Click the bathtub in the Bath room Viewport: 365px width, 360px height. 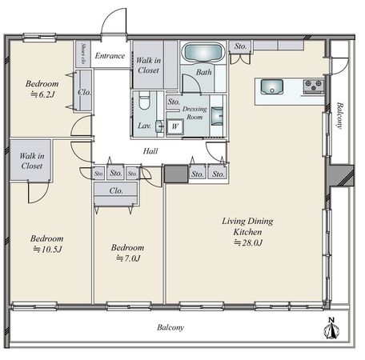coord(203,53)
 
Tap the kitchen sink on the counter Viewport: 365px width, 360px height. coord(272,86)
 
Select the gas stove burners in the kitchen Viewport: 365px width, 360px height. coord(314,86)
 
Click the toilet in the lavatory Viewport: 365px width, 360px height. coord(144,100)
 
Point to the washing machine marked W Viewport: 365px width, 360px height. coord(174,126)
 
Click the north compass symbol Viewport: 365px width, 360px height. coord(331,329)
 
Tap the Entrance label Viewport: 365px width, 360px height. coord(110,56)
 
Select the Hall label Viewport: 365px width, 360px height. coord(150,151)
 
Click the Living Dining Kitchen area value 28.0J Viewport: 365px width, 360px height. coord(248,242)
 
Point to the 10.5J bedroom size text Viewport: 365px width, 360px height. coord(47,250)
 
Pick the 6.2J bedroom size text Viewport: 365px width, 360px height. coord(43,94)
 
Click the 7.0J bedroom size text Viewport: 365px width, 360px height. coord(128,258)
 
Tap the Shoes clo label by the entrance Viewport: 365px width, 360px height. coord(83,54)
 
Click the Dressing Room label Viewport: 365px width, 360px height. coord(195,113)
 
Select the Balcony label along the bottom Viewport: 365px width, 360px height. coord(170,327)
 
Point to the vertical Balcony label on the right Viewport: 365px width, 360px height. coord(339,115)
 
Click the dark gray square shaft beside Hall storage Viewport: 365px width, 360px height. coord(176,174)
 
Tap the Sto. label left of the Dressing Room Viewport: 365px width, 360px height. coord(174,102)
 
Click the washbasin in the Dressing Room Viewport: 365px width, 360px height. coord(217,116)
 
